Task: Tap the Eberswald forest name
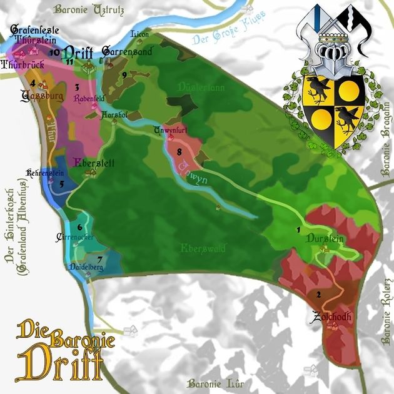click(x=201, y=249)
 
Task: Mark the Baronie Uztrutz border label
click(x=90, y=9)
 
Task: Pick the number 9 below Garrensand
click(x=124, y=75)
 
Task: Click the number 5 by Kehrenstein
click(x=61, y=184)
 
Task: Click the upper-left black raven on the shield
click(x=318, y=89)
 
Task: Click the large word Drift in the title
click(x=60, y=363)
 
